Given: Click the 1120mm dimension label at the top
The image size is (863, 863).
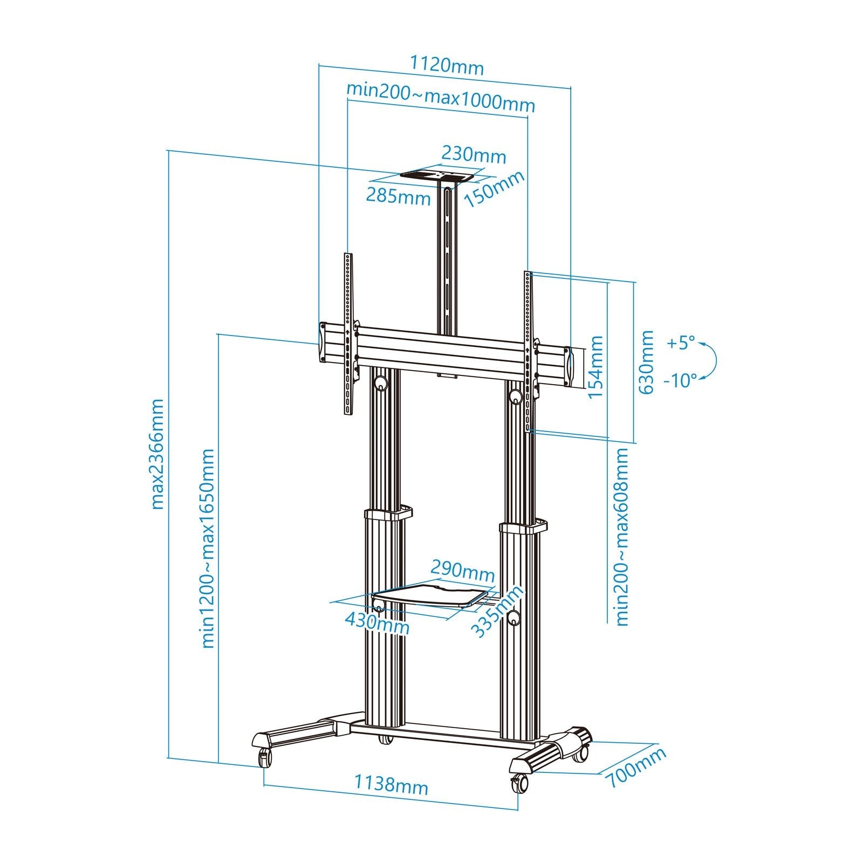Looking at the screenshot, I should (447, 66).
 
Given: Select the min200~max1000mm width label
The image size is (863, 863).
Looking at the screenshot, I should (441, 100).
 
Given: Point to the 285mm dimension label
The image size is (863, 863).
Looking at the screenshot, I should (399, 196).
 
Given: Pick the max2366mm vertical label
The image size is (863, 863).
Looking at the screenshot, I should (157, 454).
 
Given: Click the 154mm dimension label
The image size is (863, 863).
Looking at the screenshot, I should (595, 367).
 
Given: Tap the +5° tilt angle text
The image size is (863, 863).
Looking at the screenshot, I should (681, 343).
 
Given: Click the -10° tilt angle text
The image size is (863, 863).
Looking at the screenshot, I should (680, 381).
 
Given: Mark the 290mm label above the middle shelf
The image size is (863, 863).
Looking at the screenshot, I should (462, 570).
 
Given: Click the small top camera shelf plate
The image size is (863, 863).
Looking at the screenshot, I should (437, 175).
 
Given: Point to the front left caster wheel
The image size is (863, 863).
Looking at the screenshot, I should (265, 758).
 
